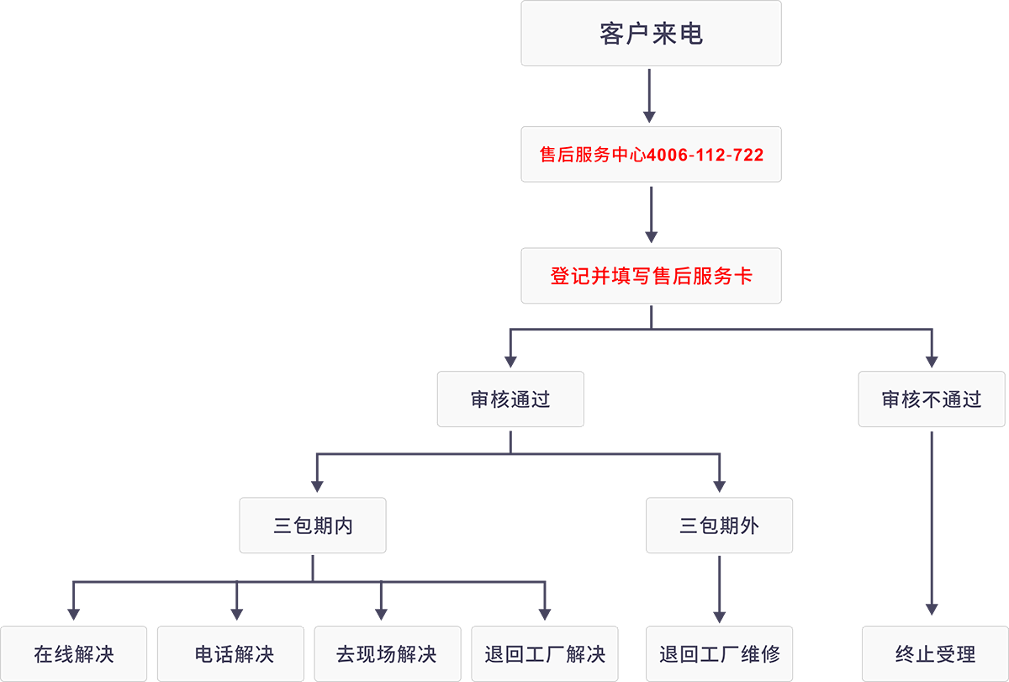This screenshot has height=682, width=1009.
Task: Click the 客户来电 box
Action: click(651, 34)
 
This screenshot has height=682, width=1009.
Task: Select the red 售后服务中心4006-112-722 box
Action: click(651, 155)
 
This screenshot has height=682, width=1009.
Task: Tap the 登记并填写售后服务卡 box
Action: click(651, 276)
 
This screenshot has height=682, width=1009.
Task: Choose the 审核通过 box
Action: click(510, 399)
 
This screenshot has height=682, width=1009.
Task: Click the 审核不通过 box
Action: click(931, 399)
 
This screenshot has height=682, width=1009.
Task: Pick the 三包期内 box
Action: click(313, 526)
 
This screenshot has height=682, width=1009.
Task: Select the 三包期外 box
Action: click(719, 526)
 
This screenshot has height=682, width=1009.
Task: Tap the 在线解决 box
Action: click(73, 653)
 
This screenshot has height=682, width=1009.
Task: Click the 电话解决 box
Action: click(233, 653)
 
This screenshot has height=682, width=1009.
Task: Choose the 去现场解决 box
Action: click(387, 653)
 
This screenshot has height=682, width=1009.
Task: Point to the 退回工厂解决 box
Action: click(545, 653)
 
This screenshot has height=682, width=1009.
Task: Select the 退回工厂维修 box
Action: click(719, 653)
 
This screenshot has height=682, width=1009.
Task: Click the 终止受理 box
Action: click(934, 653)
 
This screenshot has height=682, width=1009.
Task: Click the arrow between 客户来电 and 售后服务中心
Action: click(650, 96)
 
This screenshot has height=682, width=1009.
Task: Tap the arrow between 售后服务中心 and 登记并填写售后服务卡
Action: click(650, 215)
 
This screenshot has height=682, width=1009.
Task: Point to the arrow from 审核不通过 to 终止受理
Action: click(932, 526)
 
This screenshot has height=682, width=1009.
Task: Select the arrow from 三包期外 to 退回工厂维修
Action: click(719, 589)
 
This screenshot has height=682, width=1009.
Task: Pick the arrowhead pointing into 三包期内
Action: click(317, 485)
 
